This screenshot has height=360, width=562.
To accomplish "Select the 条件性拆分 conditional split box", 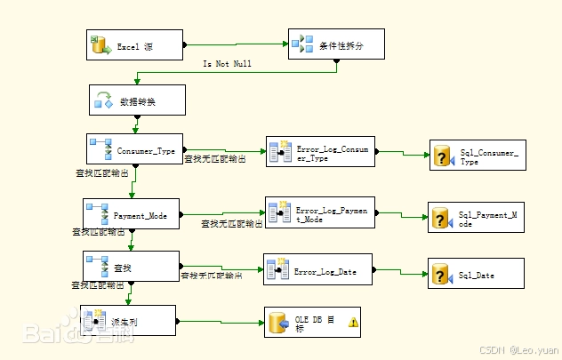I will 336,44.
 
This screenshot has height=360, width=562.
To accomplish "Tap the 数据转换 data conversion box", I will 137,101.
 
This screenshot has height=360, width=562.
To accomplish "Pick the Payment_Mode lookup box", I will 131,215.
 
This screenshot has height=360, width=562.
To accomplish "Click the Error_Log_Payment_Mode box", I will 320,213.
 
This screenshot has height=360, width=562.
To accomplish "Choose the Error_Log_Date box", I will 317,271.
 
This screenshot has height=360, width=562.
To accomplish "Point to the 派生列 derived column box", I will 128,321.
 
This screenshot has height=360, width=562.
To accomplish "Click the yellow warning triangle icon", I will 353,323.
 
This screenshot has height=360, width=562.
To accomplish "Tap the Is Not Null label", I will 228,64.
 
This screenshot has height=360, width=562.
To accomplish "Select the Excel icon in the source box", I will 100,44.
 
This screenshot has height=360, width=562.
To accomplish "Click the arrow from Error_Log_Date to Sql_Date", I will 400,272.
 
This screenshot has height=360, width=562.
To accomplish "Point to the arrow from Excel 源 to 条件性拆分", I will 236,43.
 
